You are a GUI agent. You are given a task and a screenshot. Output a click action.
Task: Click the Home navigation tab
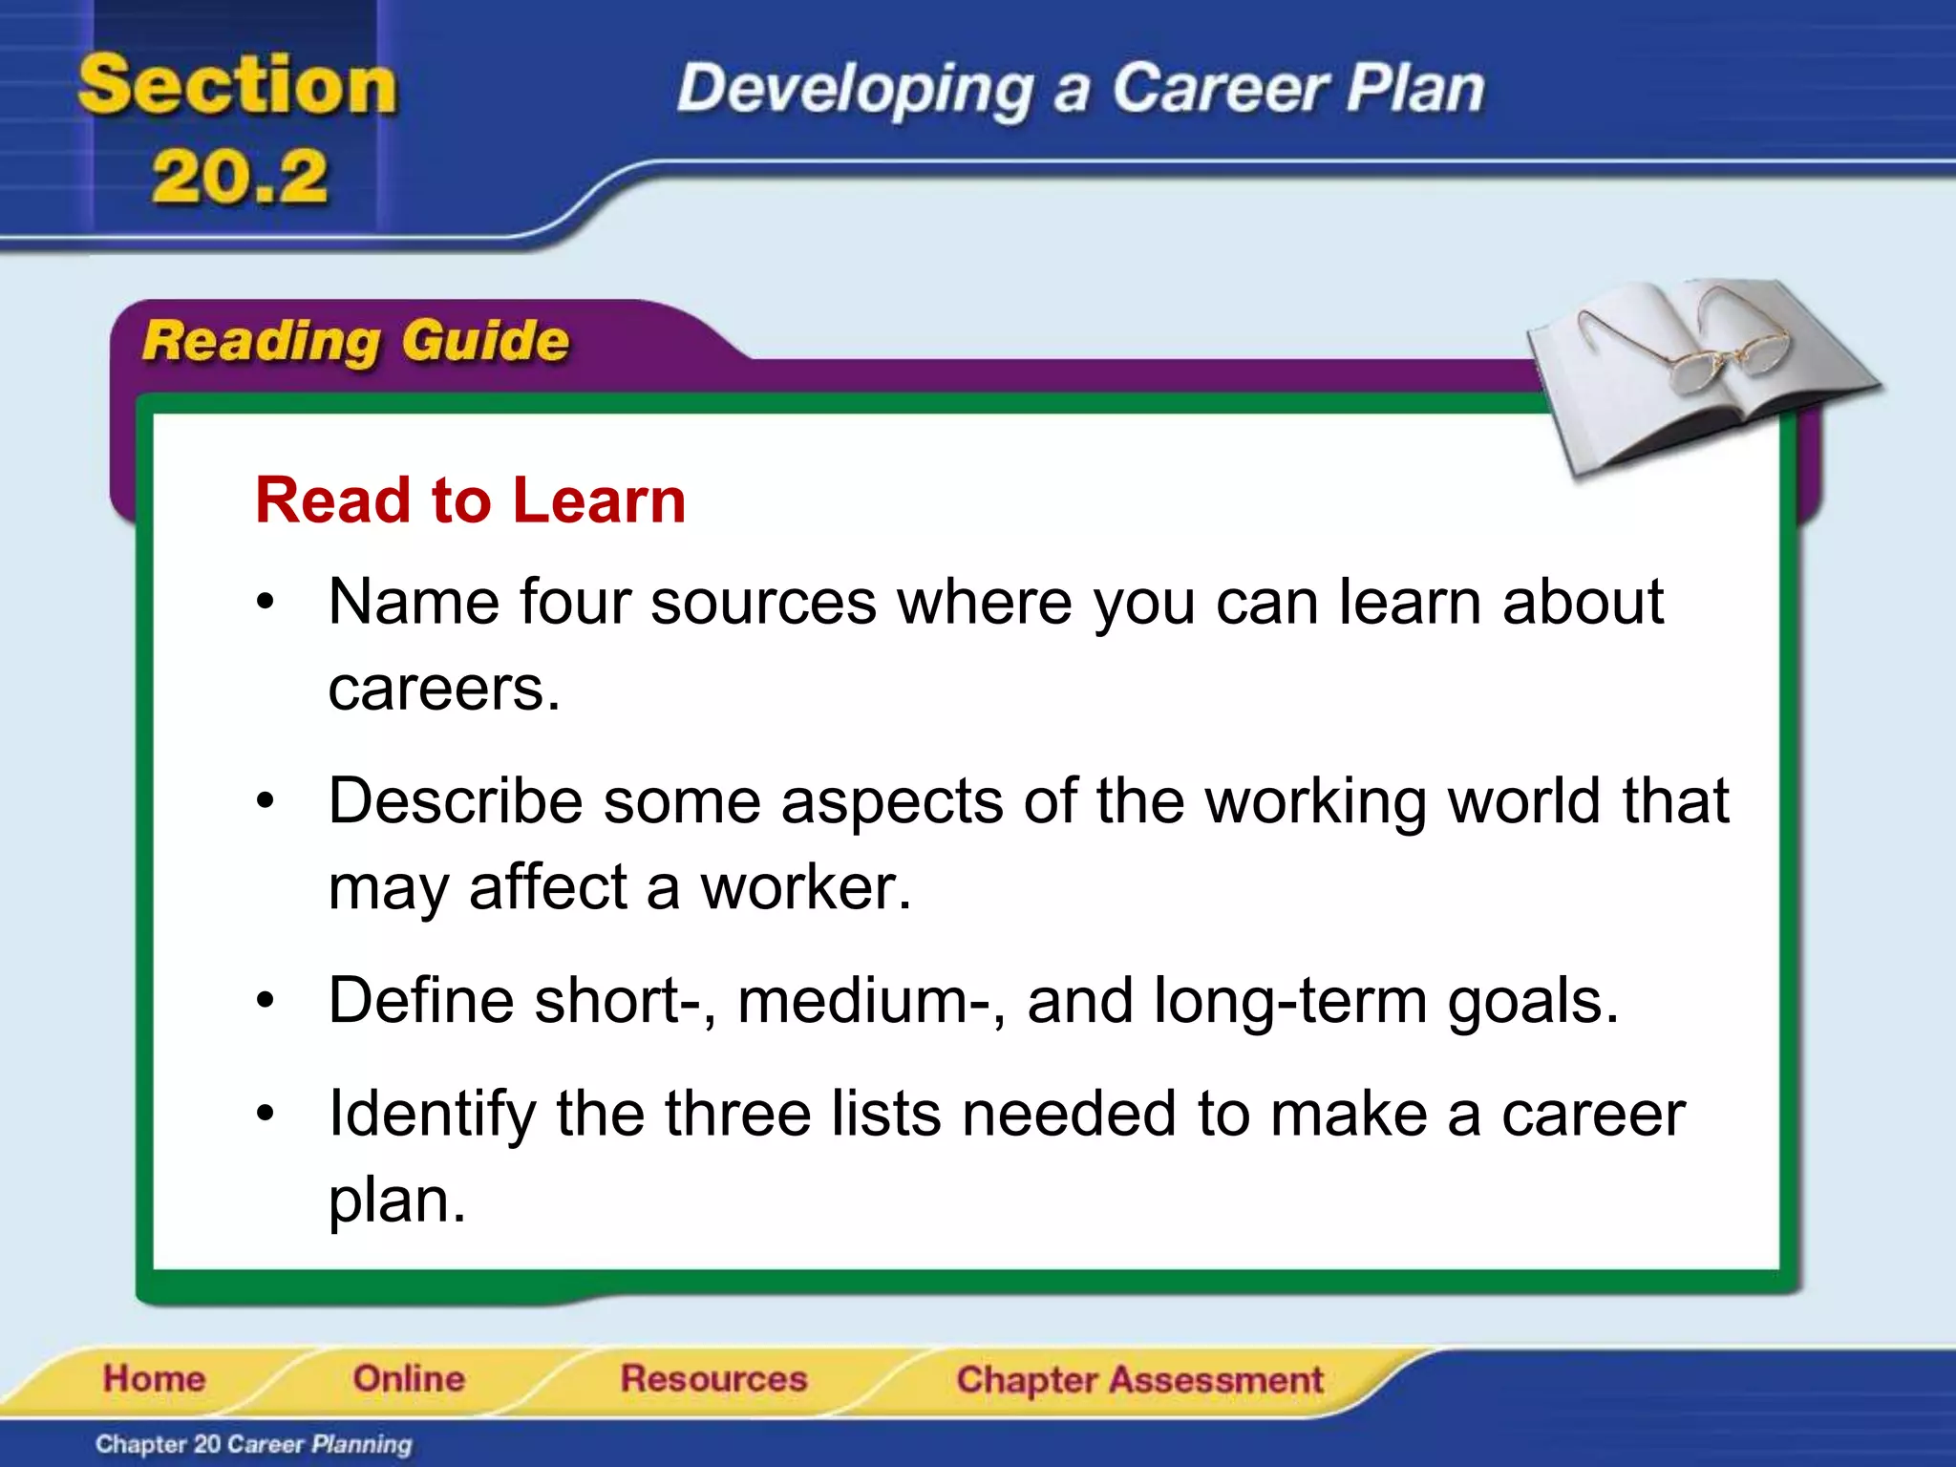pos(154,1378)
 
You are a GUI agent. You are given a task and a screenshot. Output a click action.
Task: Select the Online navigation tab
pos(409,1378)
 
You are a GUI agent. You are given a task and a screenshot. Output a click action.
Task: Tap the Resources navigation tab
pos(713,1378)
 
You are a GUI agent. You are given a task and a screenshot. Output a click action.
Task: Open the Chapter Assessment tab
pos(1139,1380)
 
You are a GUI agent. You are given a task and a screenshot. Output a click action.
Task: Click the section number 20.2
pos(239,178)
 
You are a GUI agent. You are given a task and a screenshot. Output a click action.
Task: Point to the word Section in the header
pos(237,86)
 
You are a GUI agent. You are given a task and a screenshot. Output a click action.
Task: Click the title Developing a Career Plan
pos(1080,89)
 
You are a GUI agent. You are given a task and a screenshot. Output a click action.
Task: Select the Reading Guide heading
pos(355,341)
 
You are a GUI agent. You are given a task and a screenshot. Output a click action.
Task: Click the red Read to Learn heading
pos(470,500)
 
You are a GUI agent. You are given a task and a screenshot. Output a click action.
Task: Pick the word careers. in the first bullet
pos(444,688)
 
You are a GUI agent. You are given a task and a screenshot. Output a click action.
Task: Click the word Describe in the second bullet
pos(455,800)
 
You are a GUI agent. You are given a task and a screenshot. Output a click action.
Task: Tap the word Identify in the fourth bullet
pos(432,1114)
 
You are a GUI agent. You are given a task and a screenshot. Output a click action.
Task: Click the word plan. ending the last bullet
pos(396,1200)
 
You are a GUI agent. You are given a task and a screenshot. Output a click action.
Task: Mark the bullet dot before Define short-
pos(266,1002)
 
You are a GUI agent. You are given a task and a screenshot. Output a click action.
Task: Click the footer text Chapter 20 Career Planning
pos(253,1444)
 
